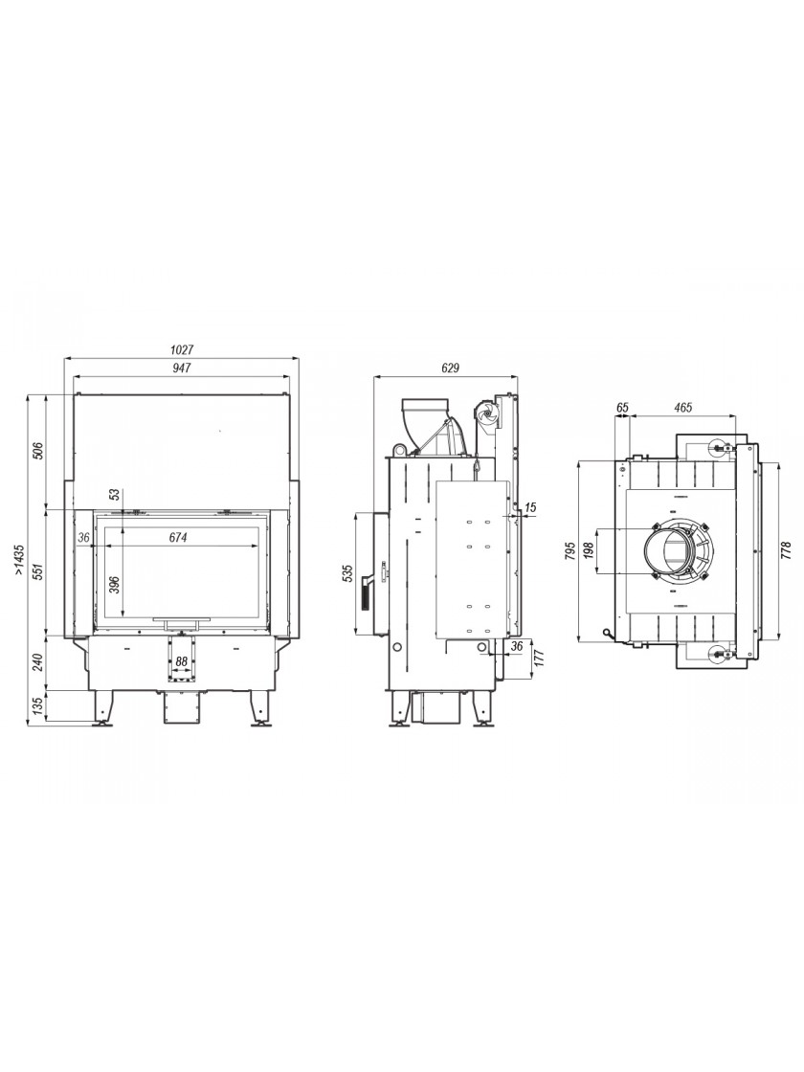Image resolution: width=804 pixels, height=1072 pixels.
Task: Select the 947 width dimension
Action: (181, 368)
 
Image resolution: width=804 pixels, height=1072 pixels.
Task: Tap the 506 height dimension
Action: (39, 451)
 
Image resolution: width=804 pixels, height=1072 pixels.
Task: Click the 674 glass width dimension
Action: (178, 538)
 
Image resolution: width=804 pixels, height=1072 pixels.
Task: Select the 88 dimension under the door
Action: (181, 661)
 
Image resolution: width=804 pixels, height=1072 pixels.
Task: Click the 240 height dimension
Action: (39, 661)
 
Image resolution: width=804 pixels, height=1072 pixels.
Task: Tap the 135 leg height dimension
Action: (39, 704)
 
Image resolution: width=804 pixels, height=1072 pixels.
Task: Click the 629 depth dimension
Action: (449, 368)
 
